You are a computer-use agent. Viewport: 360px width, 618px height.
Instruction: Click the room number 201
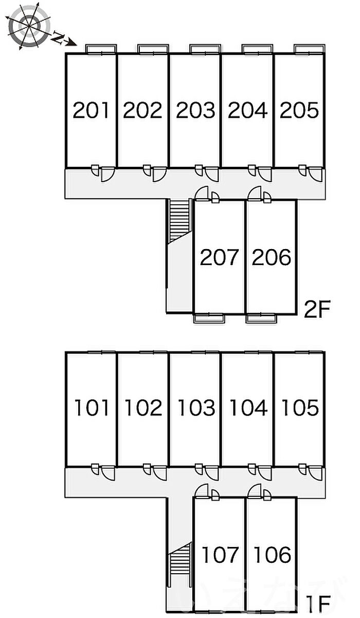tap(91, 110)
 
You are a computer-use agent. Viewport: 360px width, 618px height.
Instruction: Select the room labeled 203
tap(195, 110)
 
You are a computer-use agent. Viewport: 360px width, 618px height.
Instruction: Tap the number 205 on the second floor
tap(299, 110)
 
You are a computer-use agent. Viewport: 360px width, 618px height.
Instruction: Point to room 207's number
tap(219, 257)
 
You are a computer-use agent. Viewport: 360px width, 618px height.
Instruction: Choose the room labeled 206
tap(272, 257)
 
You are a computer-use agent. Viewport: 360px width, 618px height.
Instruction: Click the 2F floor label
tap(317, 310)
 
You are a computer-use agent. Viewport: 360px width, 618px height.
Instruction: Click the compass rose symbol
tap(29, 26)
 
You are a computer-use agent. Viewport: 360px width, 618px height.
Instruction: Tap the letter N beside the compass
tap(58, 38)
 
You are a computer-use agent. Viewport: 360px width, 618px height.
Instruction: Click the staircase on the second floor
tap(179, 220)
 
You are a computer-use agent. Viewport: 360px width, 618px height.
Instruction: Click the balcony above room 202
tap(153, 48)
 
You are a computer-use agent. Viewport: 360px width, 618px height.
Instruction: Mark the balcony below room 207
tap(209, 318)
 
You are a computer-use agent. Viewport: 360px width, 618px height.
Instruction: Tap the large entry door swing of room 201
tap(107, 174)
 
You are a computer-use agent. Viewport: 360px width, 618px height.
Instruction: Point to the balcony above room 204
tap(258, 48)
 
